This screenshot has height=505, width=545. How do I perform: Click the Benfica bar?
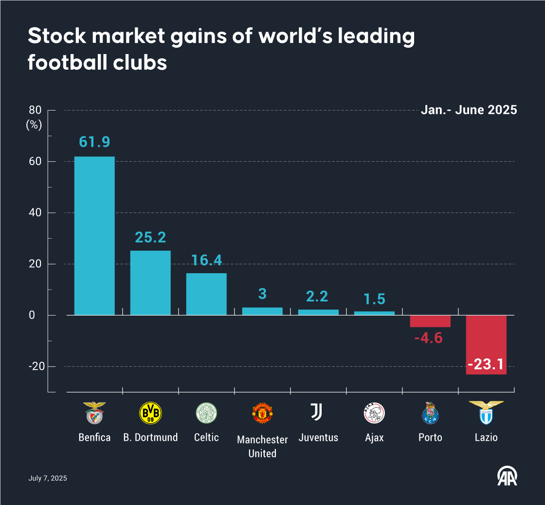point(94,236)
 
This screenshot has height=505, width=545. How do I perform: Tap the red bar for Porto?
point(430,321)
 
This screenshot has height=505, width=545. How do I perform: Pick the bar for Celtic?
point(206,294)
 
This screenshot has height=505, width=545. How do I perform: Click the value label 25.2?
point(150,237)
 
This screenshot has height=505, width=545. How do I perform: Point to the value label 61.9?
point(94,142)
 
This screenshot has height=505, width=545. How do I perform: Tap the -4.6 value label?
point(429,338)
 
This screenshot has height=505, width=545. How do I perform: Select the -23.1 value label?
point(486,364)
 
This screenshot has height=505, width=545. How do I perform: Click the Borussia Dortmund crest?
point(150,413)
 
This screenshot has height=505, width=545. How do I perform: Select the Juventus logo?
point(317,412)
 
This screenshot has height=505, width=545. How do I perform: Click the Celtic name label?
point(206,437)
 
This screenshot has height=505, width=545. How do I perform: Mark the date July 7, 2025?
point(48,478)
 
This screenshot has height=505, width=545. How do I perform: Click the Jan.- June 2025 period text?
point(469,110)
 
